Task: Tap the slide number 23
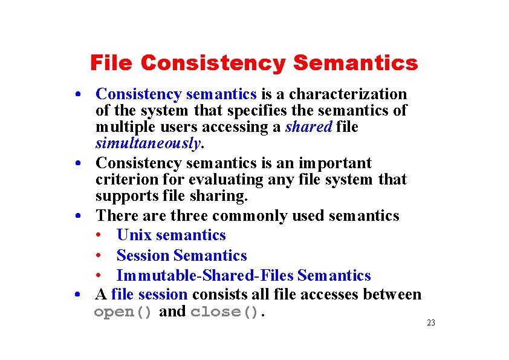pos(430,323)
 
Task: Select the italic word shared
pos(309,127)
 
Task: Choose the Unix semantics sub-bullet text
pos(171,235)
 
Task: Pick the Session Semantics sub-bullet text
pos(181,256)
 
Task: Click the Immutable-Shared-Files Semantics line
pos(243,276)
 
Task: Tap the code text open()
pos(123,312)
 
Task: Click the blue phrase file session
pos(150,295)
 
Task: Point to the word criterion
pos(123,180)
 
